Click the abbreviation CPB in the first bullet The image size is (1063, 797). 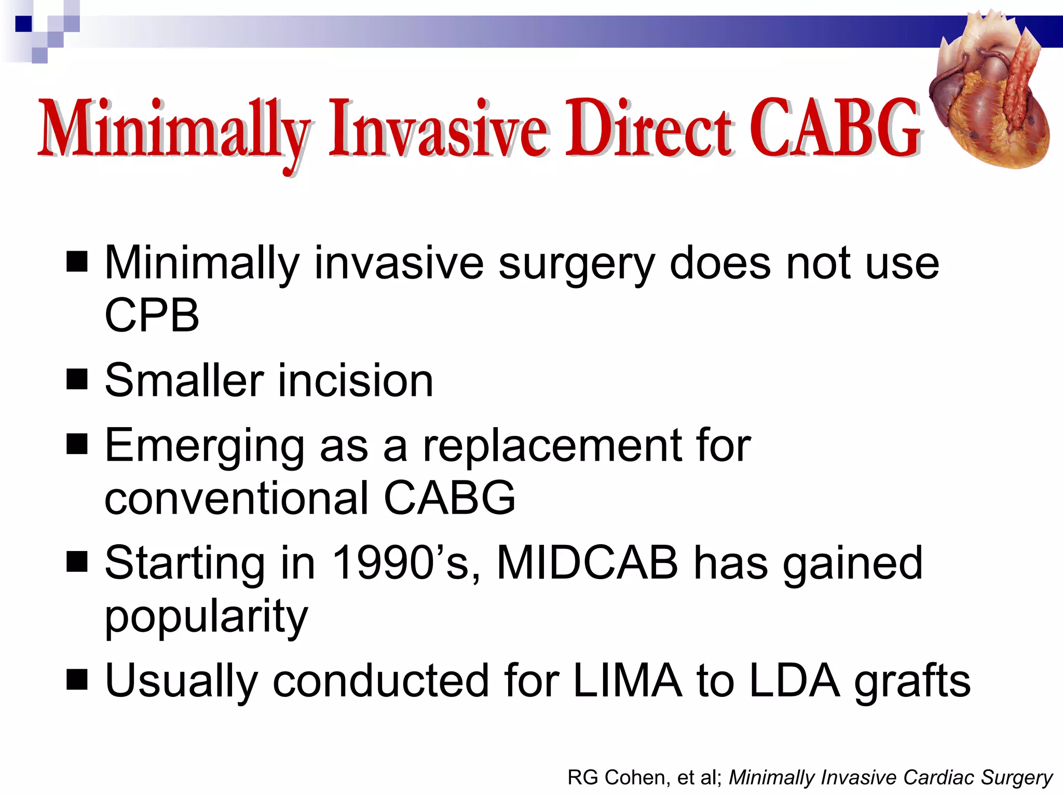(152, 315)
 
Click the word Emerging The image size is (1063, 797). (205, 446)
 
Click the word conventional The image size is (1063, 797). (236, 498)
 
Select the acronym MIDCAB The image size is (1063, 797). (587, 563)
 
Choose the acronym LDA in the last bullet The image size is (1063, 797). (794, 681)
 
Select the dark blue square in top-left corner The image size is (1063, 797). (23, 23)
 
